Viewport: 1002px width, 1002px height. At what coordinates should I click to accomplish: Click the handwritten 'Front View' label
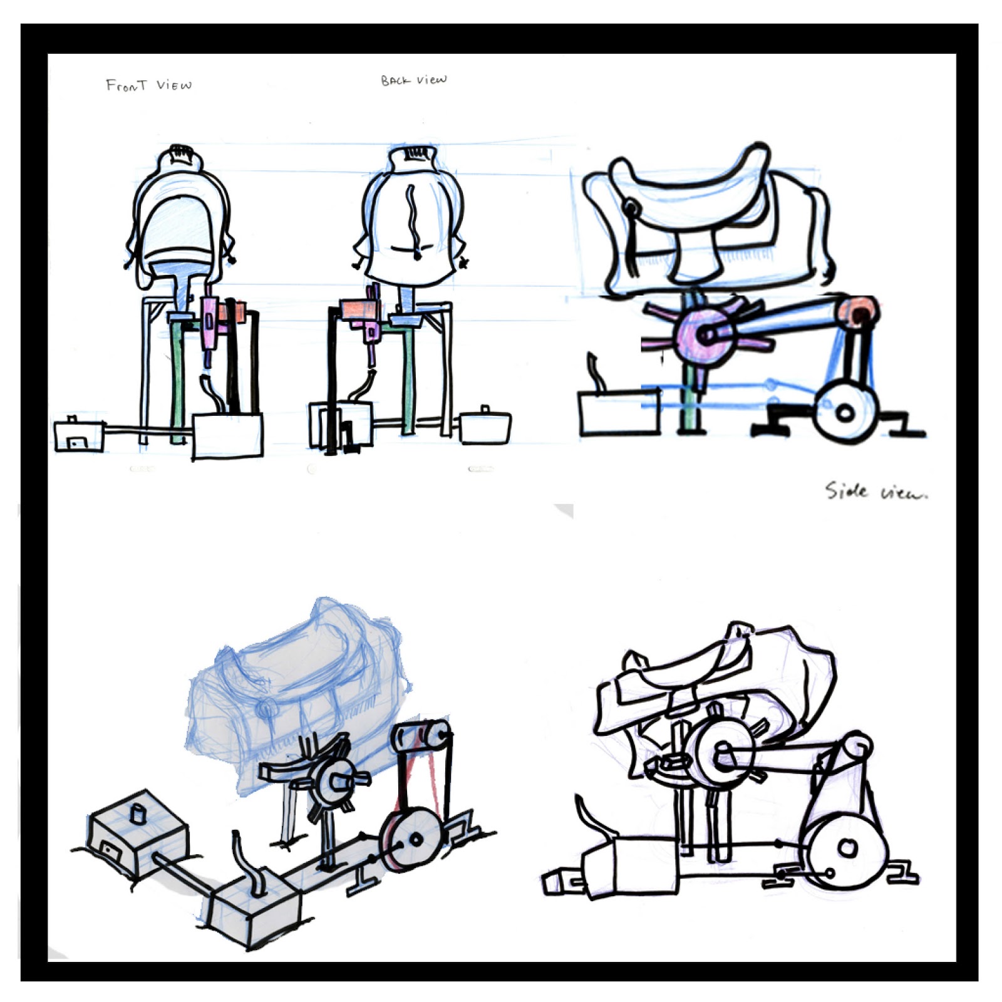148,85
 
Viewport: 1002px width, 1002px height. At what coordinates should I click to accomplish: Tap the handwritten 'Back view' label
414,80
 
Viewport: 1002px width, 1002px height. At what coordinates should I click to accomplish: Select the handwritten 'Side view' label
875,492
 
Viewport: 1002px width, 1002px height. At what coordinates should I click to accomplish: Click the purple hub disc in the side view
705,335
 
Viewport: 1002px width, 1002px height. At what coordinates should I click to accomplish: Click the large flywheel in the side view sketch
845,412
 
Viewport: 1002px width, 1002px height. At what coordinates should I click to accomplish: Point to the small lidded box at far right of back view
485,426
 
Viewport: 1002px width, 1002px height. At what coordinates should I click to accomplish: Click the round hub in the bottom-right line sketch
720,751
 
